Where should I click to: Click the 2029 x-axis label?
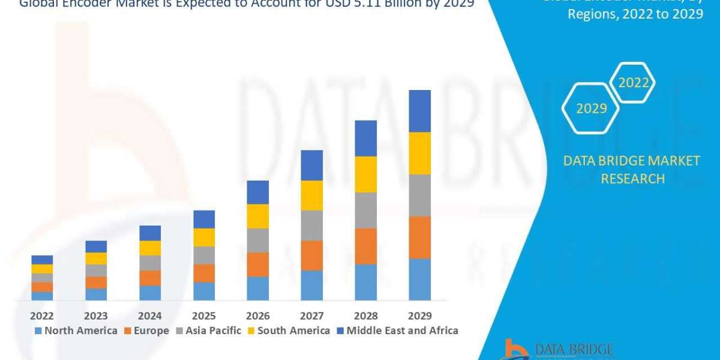point(419,316)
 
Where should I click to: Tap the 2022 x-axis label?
point(42,316)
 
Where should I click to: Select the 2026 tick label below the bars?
point(257,316)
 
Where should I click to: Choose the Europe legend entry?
point(148,331)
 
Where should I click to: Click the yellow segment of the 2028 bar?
point(365,174)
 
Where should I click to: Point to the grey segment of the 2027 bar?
point(311,225)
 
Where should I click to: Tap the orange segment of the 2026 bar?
point(257,264)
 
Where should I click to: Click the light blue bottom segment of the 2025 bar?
point(204,291)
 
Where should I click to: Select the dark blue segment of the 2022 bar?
point(42,259)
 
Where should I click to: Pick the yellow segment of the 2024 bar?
point(150,248)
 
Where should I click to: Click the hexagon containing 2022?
point(633,83)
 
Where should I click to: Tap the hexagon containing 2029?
point(591,109)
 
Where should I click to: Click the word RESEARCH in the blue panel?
point(633,179)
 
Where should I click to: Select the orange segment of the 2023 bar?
point(96,282)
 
